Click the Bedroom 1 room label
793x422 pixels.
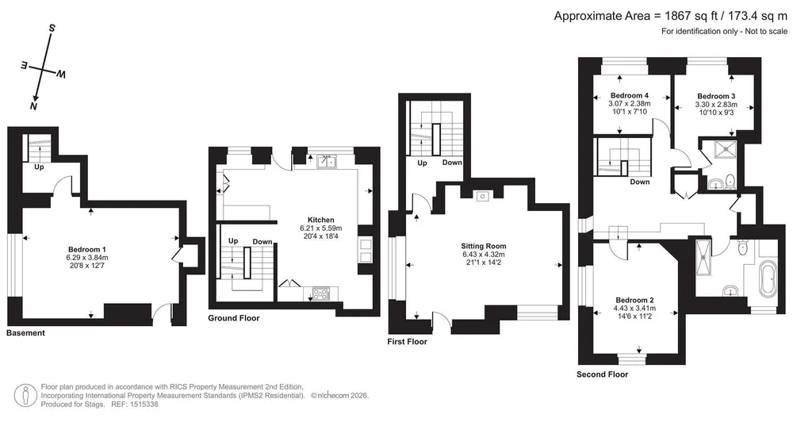tap(87, 249)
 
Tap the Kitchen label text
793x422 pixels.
tap(321, 220)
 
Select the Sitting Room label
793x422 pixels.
tap(484, 247)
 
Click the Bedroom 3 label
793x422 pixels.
tap(716, 96)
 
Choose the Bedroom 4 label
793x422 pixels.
tap(630, 96)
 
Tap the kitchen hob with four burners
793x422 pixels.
tap(320, 293)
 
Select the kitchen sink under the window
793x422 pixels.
tap(328, 162)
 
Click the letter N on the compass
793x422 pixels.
tap(33, 106)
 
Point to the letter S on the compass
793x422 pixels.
tap(52, 29)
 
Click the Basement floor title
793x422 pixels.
tap(26, 333)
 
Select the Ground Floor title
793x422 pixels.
tap(234, 318)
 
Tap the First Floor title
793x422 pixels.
tap(407, 342)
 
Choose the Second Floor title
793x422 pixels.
tap(603, 374)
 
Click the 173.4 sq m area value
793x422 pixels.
tap(755, 16)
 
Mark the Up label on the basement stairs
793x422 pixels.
tap(39, 167)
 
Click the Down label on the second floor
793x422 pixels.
tap(640, 182)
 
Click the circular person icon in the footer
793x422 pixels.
tap(25, 395)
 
